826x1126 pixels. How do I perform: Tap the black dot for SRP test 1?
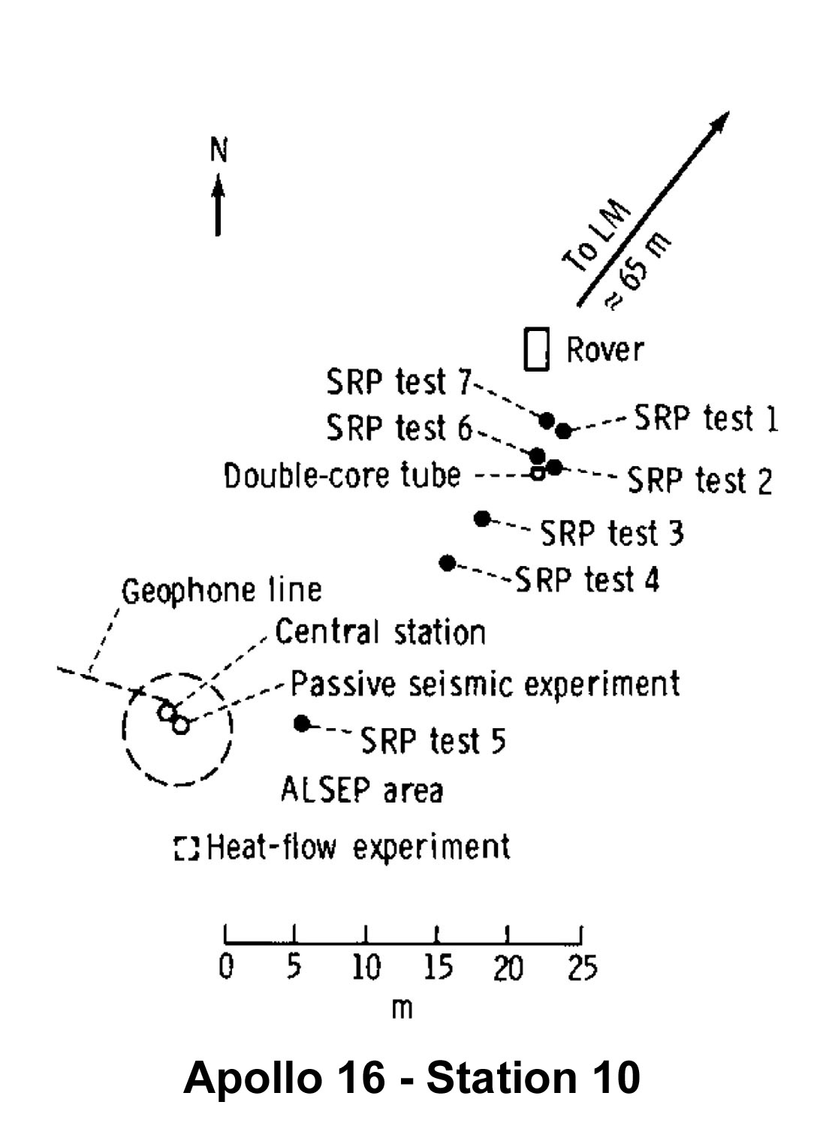coord(564,430)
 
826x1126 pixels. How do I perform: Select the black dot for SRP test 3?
coord(482,518)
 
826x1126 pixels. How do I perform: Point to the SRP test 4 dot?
coord(448,563)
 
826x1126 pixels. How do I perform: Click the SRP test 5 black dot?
coord(302,724)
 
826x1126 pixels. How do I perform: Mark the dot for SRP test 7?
coord(547,420)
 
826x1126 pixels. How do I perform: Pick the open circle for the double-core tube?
coord(538,473)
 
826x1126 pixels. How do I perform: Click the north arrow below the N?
coord(218,205)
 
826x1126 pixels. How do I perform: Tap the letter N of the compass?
coord(219,150)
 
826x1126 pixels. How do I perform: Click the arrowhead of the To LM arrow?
coord(719,121)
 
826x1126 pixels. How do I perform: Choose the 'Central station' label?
coord(380,632)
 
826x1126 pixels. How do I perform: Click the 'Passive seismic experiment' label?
coord(485,684)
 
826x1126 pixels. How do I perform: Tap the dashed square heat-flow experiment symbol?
coord(186,848)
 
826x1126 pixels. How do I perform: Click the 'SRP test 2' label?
coord(699,480)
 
